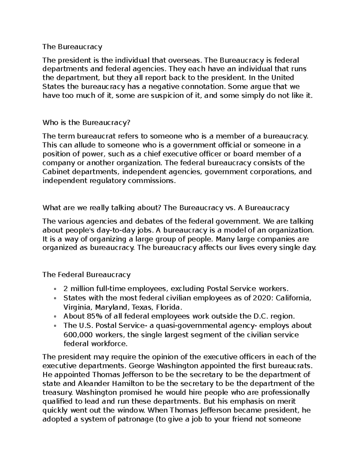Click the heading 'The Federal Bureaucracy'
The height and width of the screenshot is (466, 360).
point(86,275)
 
